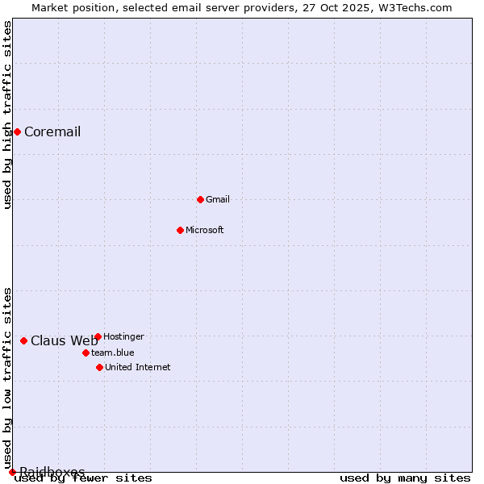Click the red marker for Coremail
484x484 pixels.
(x=17, y=131)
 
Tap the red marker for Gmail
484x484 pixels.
(x=200, y=199)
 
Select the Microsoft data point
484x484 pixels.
(x=180, y=230)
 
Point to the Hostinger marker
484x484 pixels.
(x=98, y=336)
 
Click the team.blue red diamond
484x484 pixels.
(x=86, y=353)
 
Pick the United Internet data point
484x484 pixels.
(x=99, y=367)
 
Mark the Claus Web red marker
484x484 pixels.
(x=23, y=340)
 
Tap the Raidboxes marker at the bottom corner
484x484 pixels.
(x=12, y=472)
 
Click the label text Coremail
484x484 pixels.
(x=52, y=132)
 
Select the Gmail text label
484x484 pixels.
(x=218, y=199)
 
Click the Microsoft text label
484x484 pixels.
(x=205, y=230)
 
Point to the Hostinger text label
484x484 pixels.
(x=123, y=336)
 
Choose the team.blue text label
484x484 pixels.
(x=113, y=353)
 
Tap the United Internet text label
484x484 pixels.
(x=138, y=367)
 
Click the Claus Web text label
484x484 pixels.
(x=64, y=340)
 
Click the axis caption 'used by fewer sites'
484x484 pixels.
(x=84, y=478)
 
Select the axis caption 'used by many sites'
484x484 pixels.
(x=405, y=478)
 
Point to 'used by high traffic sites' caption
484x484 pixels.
(x=8, y=115)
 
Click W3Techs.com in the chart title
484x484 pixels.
(x=412, y=7)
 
